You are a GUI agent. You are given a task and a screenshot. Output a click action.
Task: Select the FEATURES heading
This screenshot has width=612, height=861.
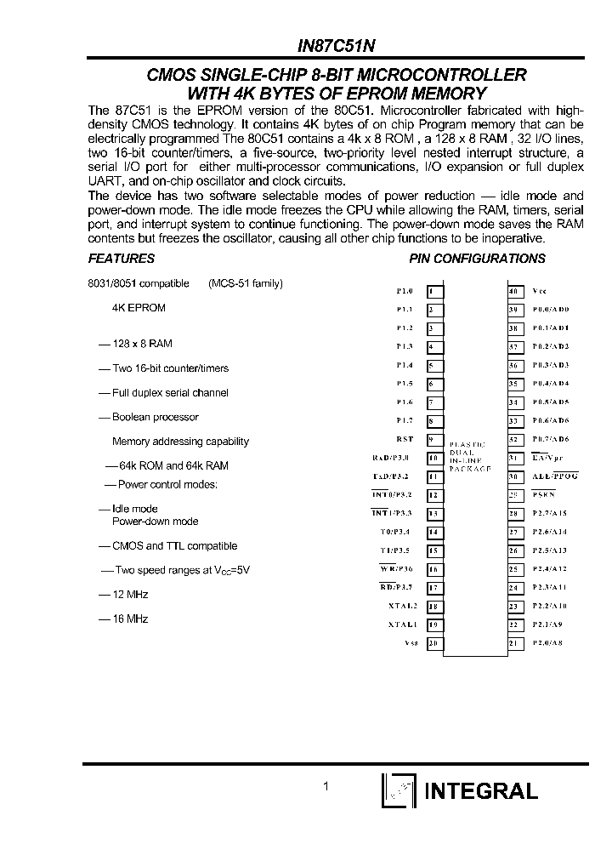coord(122,259)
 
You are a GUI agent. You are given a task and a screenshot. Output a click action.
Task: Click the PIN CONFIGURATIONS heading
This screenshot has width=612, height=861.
coord(477,259)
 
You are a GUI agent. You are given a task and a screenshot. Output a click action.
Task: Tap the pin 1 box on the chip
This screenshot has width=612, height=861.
coord(434,291)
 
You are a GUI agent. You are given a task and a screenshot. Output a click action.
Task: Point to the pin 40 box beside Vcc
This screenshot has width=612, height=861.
coord(514,291)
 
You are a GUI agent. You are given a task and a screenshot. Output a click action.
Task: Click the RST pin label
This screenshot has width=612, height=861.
coord(405,439)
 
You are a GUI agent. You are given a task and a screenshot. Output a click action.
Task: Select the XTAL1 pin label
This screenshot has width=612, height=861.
coord(402,624)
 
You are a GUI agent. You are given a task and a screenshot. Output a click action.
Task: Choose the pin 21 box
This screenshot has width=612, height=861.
coord(514,643)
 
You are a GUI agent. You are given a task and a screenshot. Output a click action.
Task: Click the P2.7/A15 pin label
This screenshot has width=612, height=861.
coord(550,513)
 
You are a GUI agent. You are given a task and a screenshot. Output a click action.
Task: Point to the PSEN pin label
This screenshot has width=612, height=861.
coord(544,495)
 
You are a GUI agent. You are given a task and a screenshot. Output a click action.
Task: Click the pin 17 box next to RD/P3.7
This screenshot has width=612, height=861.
coord(434,587)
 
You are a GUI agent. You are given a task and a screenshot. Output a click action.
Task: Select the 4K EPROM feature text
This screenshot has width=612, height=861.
coord(139,308)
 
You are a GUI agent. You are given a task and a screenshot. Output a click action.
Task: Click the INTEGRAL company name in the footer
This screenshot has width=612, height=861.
coord(480,791)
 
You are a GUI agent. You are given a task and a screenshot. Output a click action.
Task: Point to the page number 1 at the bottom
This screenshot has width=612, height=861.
coord(326,788)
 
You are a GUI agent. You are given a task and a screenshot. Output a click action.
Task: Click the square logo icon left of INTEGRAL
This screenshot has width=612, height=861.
coord(398,791)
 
